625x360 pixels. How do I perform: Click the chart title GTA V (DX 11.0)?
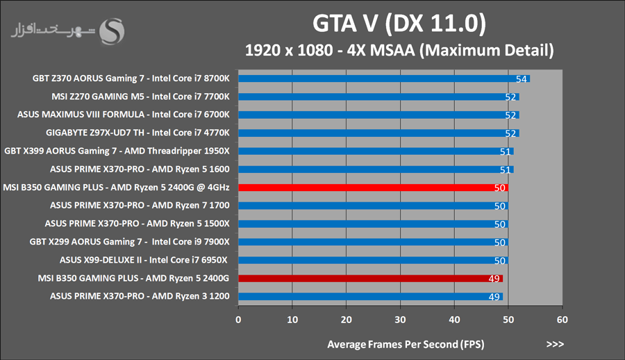pyautogui.click(x=399, y=24)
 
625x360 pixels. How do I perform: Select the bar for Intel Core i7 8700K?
pyautogui.click(x=382, y=79)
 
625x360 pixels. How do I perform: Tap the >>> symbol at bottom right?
pyautogui.click(x=555, y=343)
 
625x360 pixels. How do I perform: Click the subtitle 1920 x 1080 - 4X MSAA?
pyautogui.click(x=399, y=50)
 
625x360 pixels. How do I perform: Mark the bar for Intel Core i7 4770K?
pyautogui.click(x=378, y=133)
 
